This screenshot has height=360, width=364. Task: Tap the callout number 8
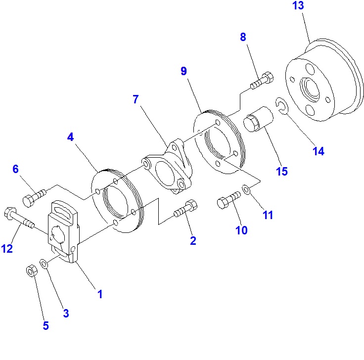click(243, 37)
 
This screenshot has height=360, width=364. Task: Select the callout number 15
click(282, 172)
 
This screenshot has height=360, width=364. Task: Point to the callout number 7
click(136, 99)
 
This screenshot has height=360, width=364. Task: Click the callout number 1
click(100, 294)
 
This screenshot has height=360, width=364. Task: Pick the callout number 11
click(268, 215)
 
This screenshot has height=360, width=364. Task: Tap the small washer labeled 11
click(246, 189)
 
